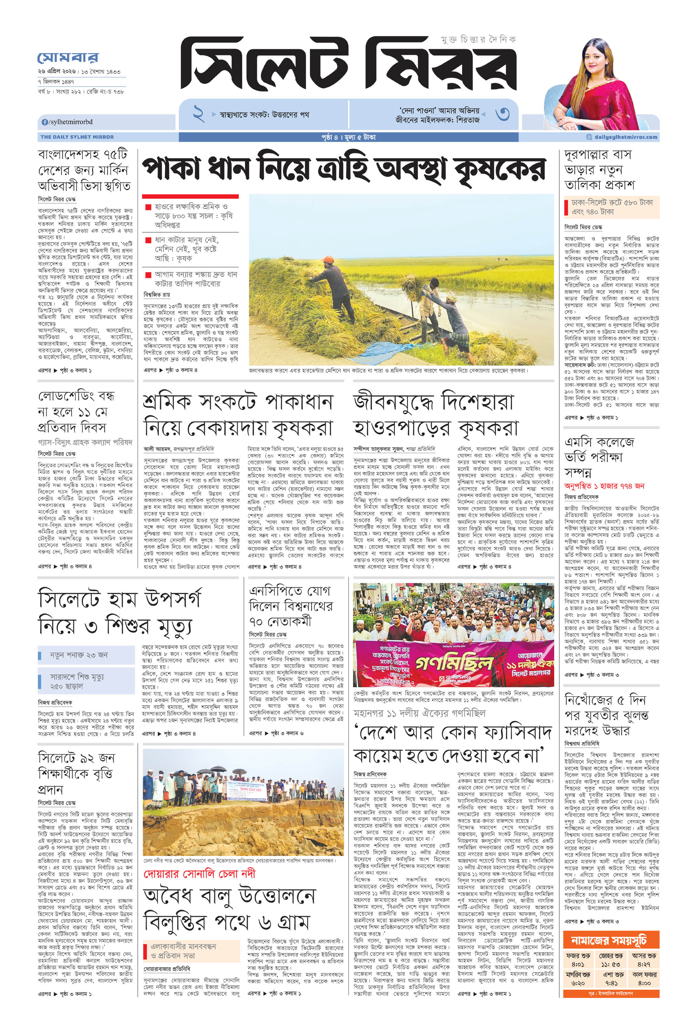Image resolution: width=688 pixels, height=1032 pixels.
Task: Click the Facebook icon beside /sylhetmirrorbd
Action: coord(45,122)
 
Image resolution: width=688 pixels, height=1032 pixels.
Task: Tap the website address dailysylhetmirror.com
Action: coord(625,137)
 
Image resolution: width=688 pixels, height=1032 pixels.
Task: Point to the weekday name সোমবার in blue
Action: coord(68,57)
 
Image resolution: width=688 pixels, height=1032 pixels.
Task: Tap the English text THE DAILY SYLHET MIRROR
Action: coord(77,137)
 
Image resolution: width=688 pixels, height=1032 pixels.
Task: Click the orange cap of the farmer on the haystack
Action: coord(330,260)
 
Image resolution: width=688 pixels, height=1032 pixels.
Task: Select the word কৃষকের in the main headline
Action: coord(500,169)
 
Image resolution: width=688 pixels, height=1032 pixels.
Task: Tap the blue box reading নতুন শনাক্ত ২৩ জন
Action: coord(86,655)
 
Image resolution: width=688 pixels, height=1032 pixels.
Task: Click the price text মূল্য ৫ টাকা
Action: coord(360,137)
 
